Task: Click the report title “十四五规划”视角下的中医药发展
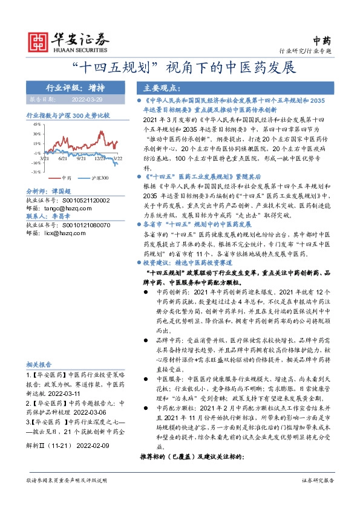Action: [x=180, y=66]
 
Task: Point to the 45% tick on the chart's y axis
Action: [x=37, y=123]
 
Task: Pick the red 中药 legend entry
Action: [x=62, y=178]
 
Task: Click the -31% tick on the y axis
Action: [x=37, y=172]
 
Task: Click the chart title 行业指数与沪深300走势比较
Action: [x=68, y=114]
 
